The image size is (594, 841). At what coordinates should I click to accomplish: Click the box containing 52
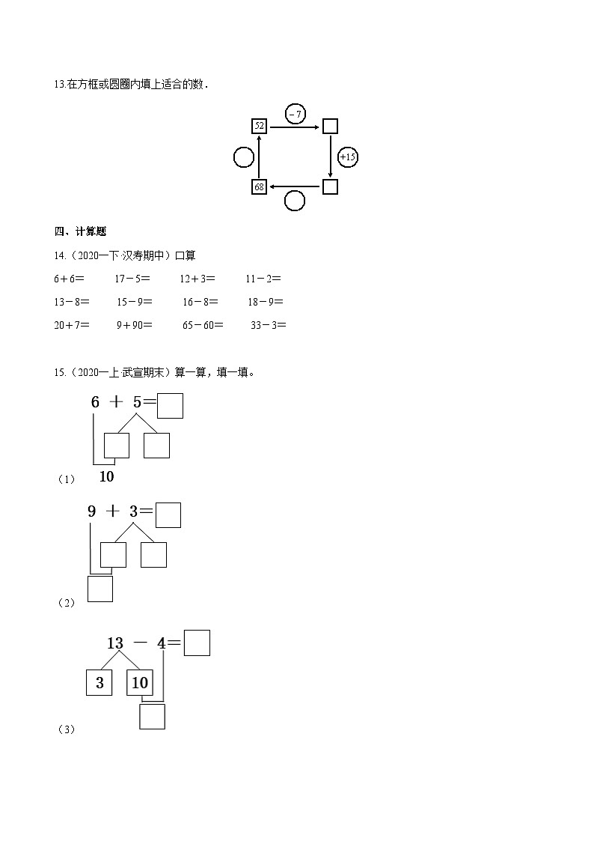(x=259, y=126)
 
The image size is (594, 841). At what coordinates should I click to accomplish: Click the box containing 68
(x=259, y=186)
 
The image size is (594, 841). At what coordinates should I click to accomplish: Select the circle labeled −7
(x=296, y=115)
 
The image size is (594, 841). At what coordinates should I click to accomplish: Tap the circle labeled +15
(x=348, y=157)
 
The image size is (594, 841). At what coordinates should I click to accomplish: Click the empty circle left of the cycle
(x=243, y=157)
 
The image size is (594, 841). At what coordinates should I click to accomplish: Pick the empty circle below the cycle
(x=295, y=201)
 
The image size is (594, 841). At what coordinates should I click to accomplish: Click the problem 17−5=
(x=132, y=279)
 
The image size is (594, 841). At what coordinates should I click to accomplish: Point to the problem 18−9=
(x=266, y=302)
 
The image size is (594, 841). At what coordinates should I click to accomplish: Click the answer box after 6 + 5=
(x=171, y=405)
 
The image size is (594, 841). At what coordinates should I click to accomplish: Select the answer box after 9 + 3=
(x=168, y=514)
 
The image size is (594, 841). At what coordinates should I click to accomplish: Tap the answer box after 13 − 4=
(x=197, y=643)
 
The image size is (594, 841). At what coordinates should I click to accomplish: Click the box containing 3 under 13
(x=99, y=682)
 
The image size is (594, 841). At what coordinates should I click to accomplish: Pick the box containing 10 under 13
(x=139, y=682)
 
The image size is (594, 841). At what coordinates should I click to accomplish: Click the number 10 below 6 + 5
(x=106, y=476)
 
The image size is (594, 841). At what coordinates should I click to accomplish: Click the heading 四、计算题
(x=75, y=231)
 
